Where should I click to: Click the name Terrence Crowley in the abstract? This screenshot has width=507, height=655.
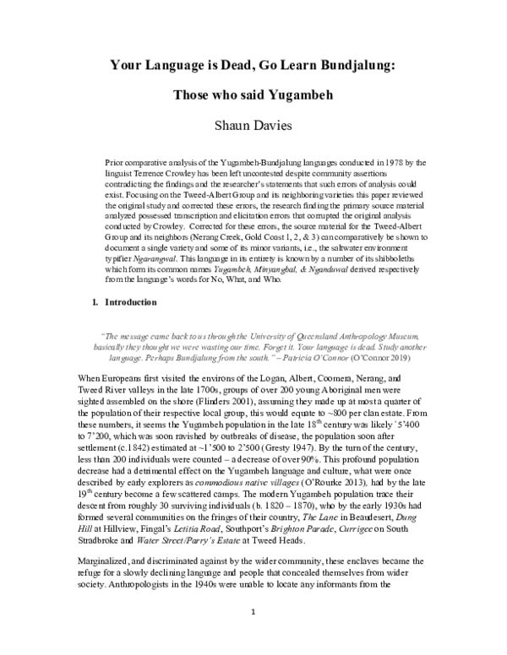166,171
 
